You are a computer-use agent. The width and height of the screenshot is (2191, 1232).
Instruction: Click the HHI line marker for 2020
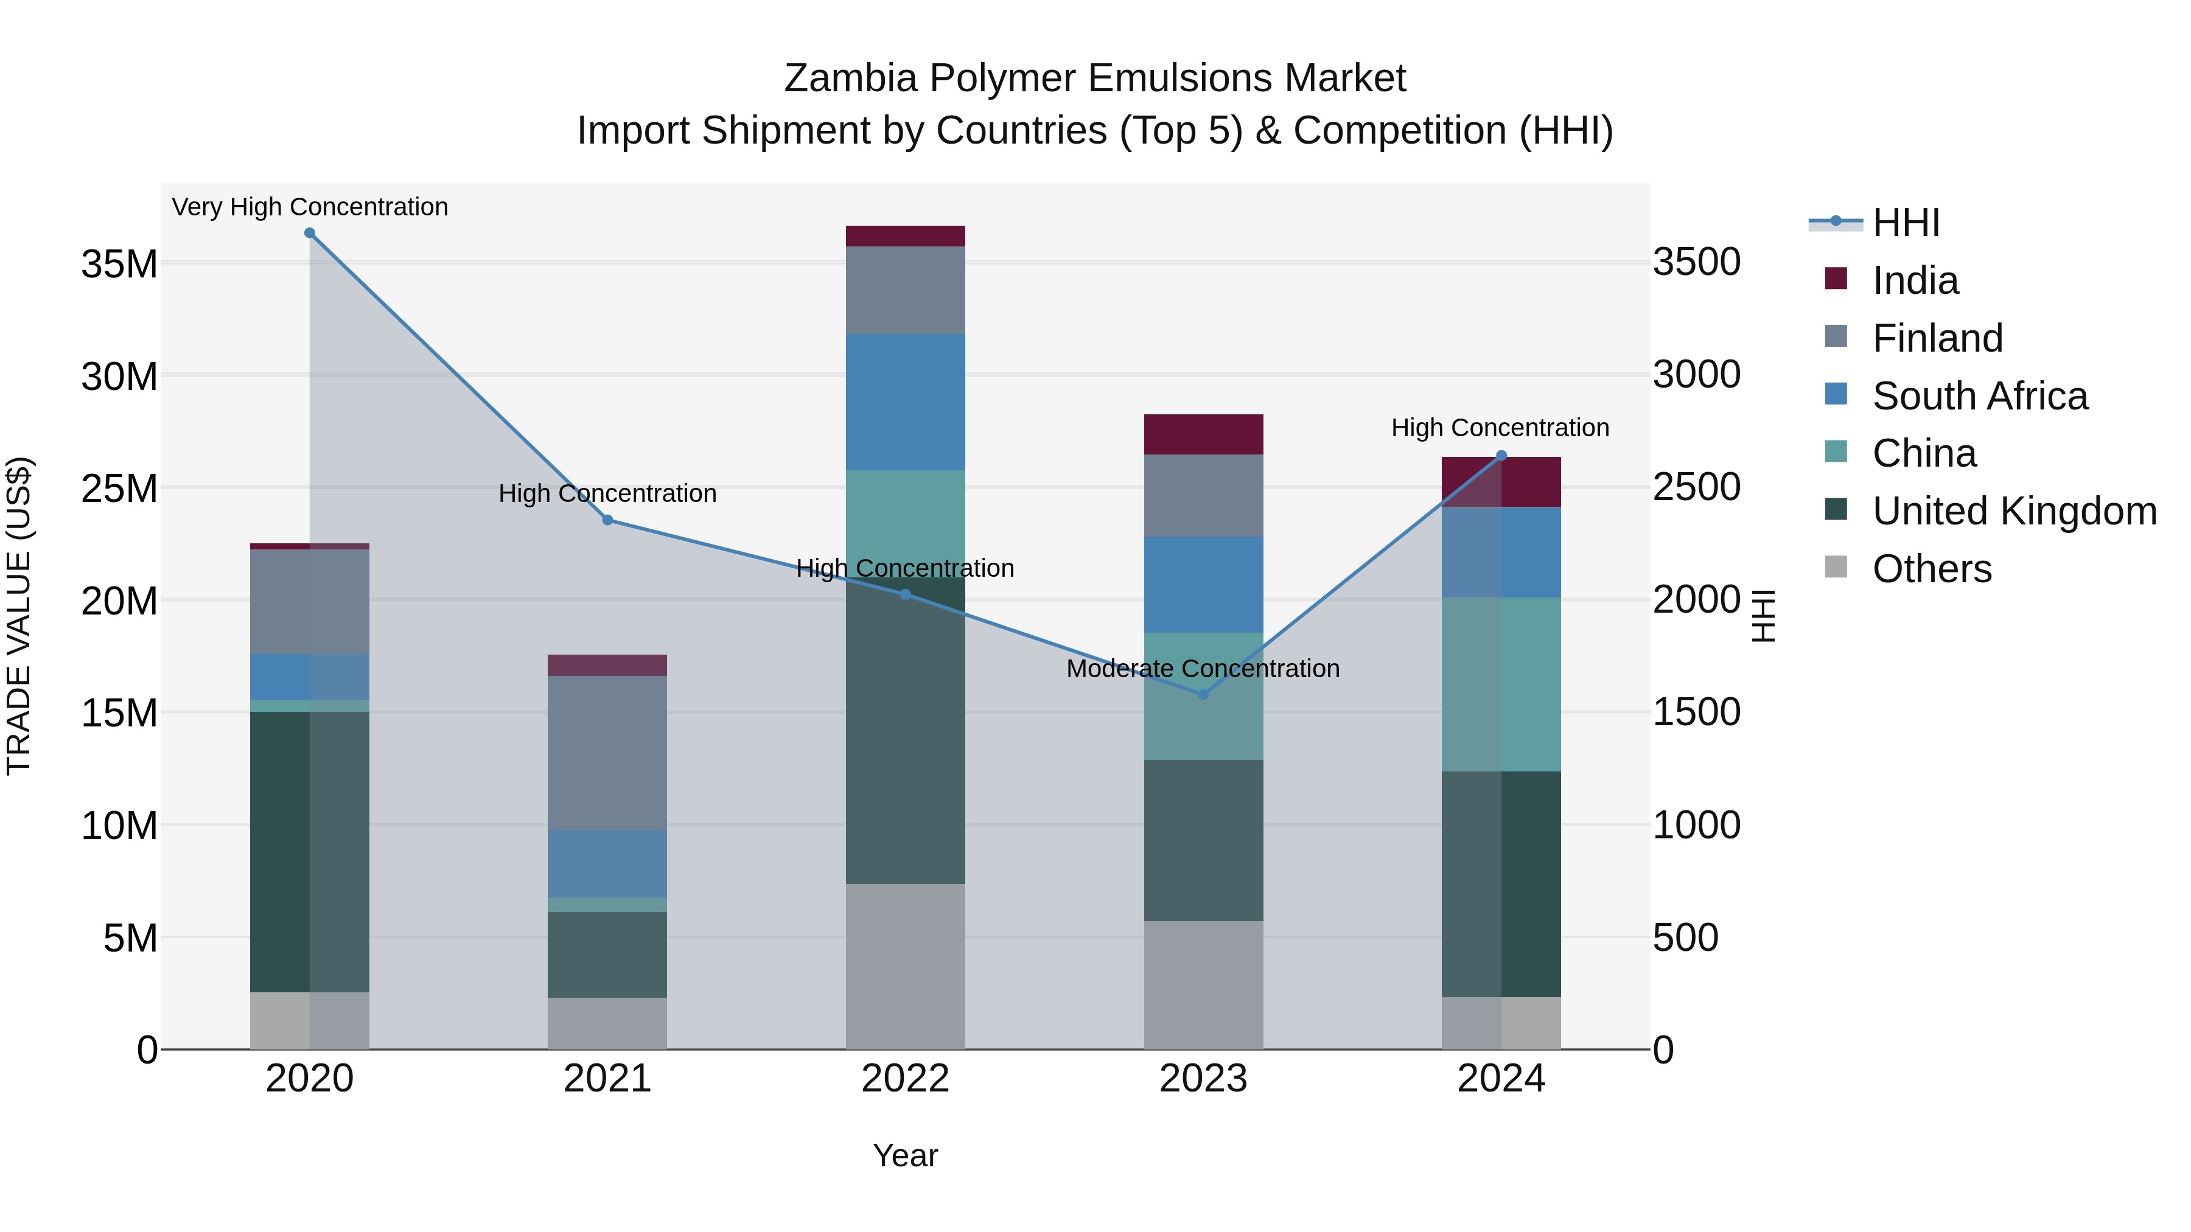[x=310, y=233]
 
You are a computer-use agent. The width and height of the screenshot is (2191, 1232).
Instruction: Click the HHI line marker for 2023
[x=1203, y=695]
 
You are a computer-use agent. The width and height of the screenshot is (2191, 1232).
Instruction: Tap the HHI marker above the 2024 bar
[x=1501, y=456]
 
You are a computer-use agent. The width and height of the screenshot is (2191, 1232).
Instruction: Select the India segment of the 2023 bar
[x=1203, y=434]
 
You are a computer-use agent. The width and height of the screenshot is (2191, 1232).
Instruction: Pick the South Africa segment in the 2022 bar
[x=905, y=402]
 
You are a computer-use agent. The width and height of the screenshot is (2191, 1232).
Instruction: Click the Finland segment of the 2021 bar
[x=607, y=753]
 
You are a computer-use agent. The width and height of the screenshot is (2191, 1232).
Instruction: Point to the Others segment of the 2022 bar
[x=905, y=966]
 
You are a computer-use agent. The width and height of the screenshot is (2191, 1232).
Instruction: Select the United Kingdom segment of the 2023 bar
[x=1203, y=840]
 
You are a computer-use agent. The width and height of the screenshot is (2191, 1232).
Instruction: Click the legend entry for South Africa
[x=1979, y=396]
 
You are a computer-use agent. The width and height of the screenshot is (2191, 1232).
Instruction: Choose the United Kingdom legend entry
[x=2013, y=511]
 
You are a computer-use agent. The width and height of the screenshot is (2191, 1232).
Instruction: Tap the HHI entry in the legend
[x=1905, y=223]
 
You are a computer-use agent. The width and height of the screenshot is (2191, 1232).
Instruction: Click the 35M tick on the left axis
[x=119, y=263]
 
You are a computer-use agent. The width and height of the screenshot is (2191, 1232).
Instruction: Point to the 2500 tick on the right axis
[x=1696, y=487]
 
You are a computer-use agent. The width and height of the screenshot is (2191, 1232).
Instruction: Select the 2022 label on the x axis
[x=905, y=1079]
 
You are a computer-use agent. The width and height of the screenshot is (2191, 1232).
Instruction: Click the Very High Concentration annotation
[x=310, y=207]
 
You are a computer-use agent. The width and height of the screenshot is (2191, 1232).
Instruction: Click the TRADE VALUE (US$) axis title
[x=19, y=616]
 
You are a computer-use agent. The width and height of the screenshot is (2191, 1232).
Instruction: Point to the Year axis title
[x=905, y=1155]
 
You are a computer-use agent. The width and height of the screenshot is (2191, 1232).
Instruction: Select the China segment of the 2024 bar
[x=1501, y=684]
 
